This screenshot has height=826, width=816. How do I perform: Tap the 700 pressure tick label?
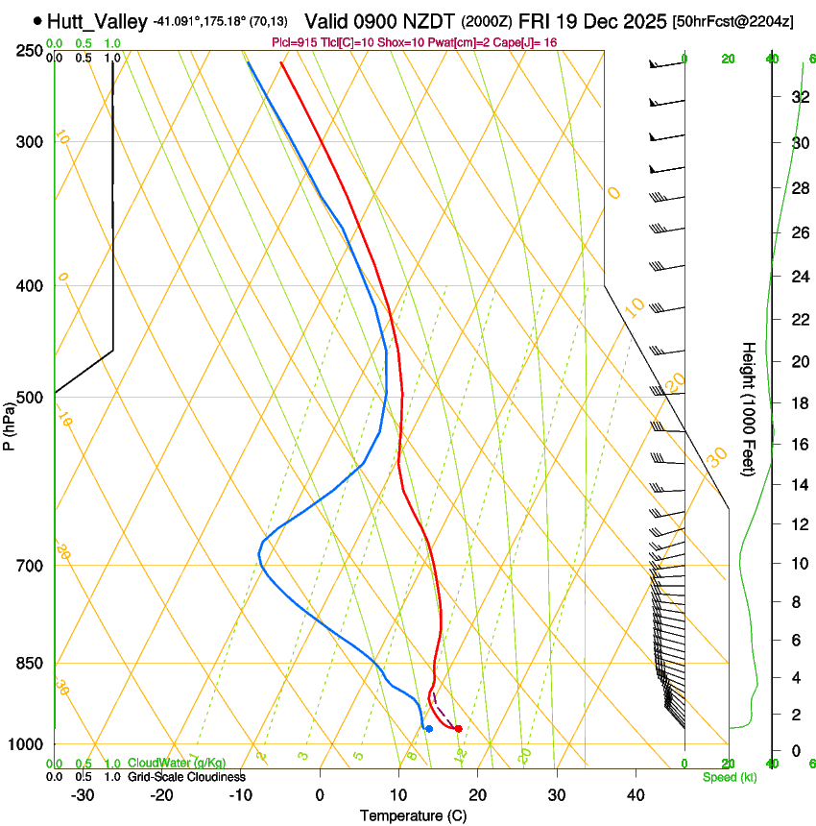[30, 565]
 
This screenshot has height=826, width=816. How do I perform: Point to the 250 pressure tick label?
[30, 50]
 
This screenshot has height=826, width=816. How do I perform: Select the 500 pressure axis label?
[30, 397]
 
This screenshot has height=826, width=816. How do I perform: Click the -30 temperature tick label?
[83, 794]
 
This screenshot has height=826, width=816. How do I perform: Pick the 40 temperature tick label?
[635, 794]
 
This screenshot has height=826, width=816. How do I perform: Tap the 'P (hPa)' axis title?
[10, 422]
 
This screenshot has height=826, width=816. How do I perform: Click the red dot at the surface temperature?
[458, 729]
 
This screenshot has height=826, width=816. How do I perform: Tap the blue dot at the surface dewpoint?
[428, 729]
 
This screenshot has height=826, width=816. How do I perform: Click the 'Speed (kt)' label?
[729, 777]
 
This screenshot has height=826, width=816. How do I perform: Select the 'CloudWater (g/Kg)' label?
[177, 764]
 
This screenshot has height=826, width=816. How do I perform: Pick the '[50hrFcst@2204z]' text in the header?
[733, 21]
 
